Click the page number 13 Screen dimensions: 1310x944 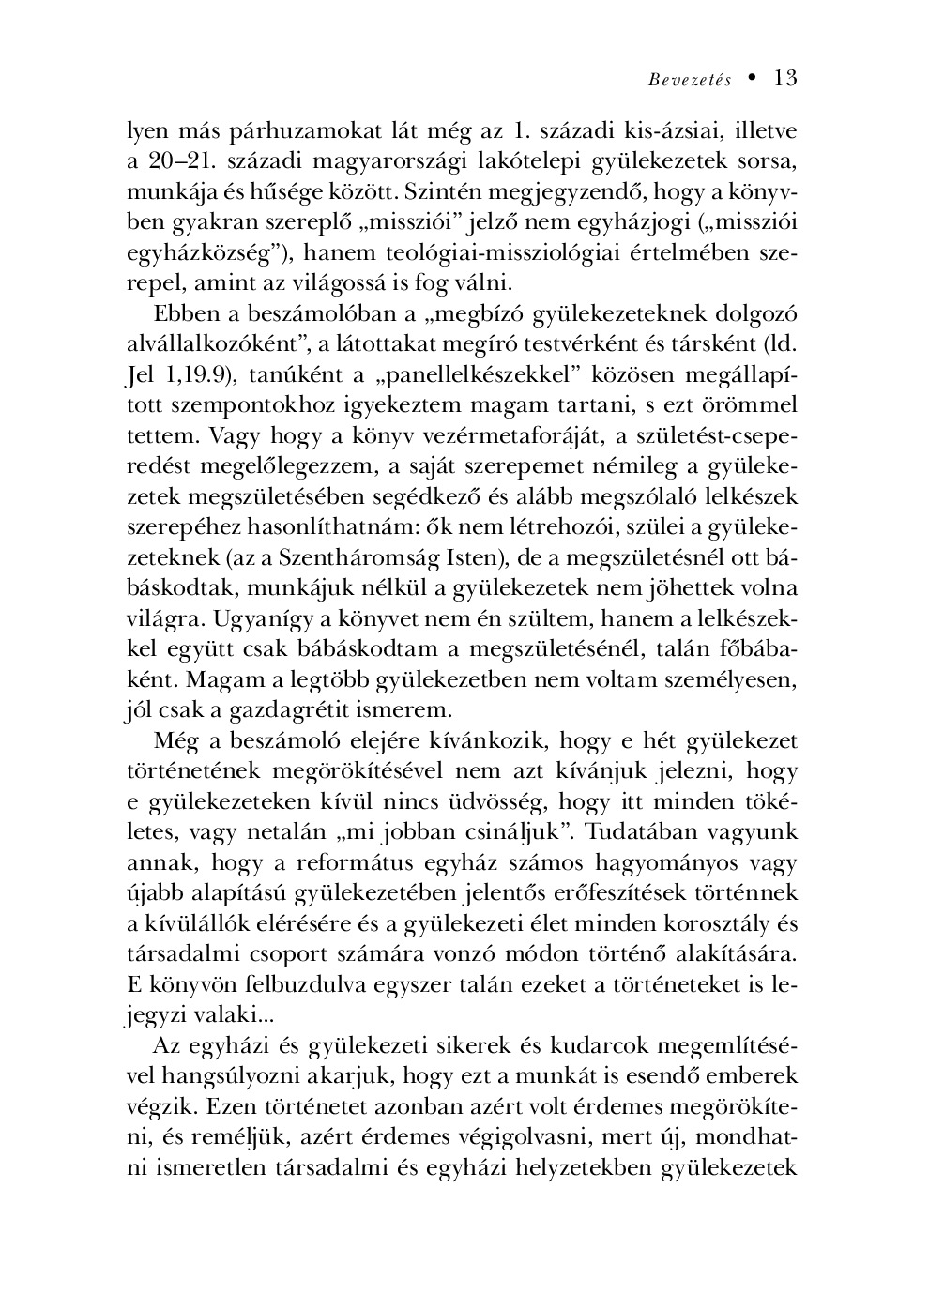(x=785, y=79)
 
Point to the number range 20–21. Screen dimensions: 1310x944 (x=180, y=160)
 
